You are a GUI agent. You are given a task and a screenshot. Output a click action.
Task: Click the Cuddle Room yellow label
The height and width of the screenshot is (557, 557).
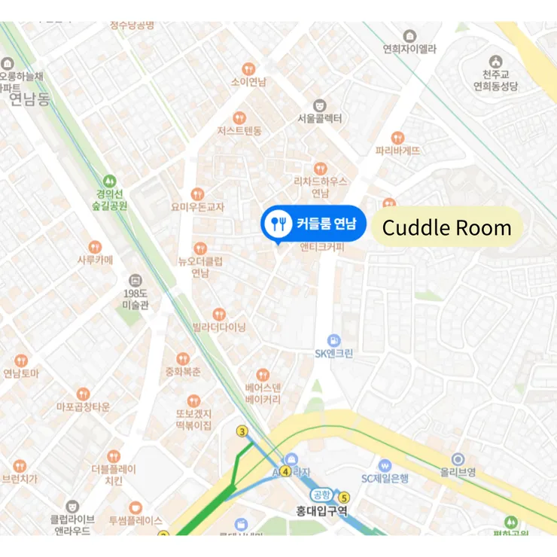(446, 227)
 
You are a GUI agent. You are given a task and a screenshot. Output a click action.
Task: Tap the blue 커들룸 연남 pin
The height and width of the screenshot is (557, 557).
(312, 224)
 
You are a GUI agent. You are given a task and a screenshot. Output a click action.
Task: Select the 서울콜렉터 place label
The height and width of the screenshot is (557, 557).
(320, 118)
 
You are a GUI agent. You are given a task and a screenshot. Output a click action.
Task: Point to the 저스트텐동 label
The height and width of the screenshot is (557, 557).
(239, 131)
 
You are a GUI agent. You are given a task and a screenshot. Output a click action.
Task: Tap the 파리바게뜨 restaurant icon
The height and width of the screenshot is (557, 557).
(397, 137)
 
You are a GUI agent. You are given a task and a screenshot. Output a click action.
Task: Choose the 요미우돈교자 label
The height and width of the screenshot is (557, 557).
(197, 207)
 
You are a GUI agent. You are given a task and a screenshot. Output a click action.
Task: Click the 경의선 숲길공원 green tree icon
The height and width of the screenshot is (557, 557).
(111, 181)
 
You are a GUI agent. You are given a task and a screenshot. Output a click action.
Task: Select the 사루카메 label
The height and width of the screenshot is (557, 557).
(95, 260)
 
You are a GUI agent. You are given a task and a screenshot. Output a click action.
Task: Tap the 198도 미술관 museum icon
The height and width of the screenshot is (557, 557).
(135, 280)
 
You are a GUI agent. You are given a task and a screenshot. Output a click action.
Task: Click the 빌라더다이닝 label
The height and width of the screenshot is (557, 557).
(219, 327)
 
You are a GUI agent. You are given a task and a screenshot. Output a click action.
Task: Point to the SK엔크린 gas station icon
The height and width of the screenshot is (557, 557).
(334, 340)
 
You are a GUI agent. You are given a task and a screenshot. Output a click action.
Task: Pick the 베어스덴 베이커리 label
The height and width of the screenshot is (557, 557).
(263, 394)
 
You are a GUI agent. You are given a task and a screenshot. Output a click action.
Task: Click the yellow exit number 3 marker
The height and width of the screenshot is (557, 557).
(242, 431)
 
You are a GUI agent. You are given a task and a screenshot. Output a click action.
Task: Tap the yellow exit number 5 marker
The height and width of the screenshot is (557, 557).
(345, 497)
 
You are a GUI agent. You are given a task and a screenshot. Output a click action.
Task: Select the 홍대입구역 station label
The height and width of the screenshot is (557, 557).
(321, 511)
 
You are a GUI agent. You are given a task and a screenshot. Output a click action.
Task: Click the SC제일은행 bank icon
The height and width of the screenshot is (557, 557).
(385, 465)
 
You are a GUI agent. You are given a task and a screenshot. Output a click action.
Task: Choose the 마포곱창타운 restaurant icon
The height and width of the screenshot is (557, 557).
(83, 394)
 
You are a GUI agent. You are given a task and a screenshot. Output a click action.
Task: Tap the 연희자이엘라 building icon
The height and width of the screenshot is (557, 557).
(409, 36)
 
